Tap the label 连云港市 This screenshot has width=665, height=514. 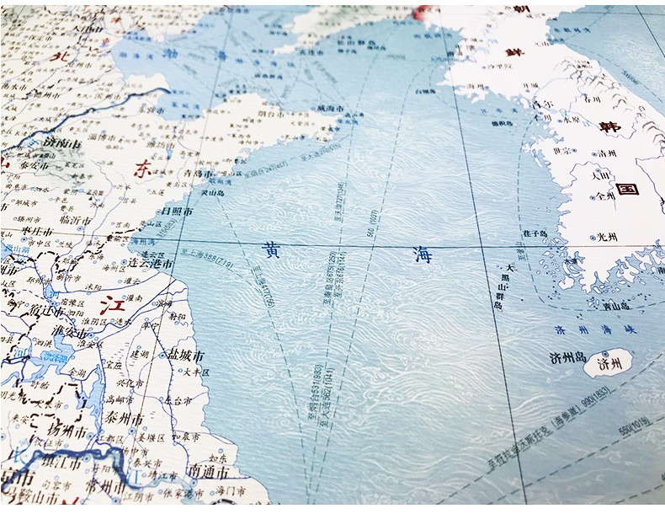[149, 264]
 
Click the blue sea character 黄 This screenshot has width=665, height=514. [266, 248]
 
